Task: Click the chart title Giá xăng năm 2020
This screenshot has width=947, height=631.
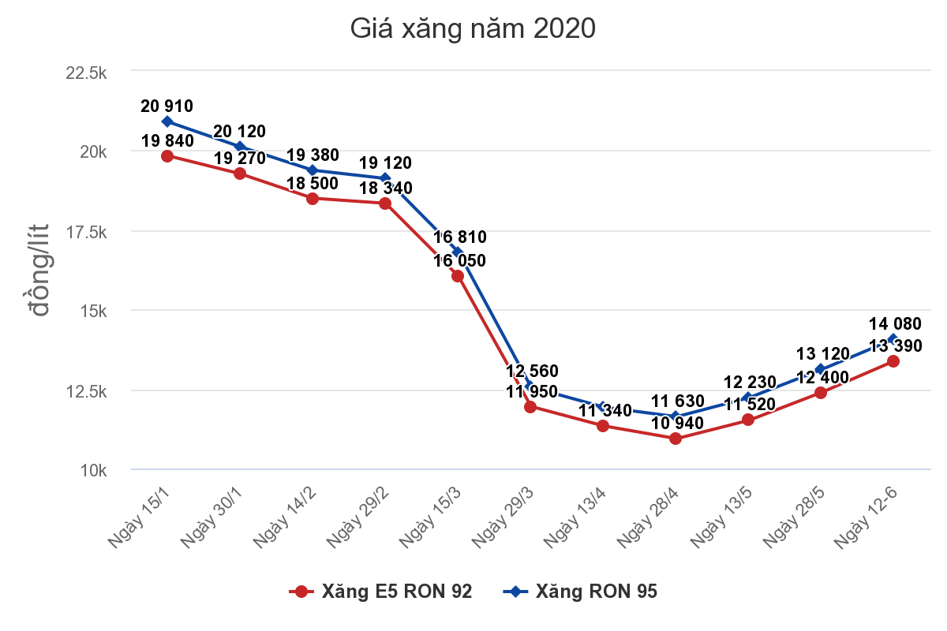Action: (x=473, y=29)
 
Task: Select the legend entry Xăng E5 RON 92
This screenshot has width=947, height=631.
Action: (x=382, y=592)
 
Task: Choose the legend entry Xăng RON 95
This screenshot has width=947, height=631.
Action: (x=580, y=592)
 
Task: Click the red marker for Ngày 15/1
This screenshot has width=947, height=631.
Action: (x=167, y=156)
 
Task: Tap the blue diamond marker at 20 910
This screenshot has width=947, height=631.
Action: (x=167, y=121)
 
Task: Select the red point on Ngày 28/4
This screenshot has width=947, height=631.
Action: (x=676, y=439)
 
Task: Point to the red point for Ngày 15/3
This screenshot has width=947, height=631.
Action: (x=458, y=276)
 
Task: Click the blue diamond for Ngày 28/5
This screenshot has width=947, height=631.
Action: (x=821, y=369)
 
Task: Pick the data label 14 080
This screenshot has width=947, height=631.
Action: (x=895, y=323)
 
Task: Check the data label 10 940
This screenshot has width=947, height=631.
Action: (x=678, y=424)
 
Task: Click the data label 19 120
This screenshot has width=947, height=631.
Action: (x=385, y=163)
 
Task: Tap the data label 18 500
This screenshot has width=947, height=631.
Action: (x=312, y=184)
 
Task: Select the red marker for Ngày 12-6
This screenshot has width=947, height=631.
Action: (x=893, y=360)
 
